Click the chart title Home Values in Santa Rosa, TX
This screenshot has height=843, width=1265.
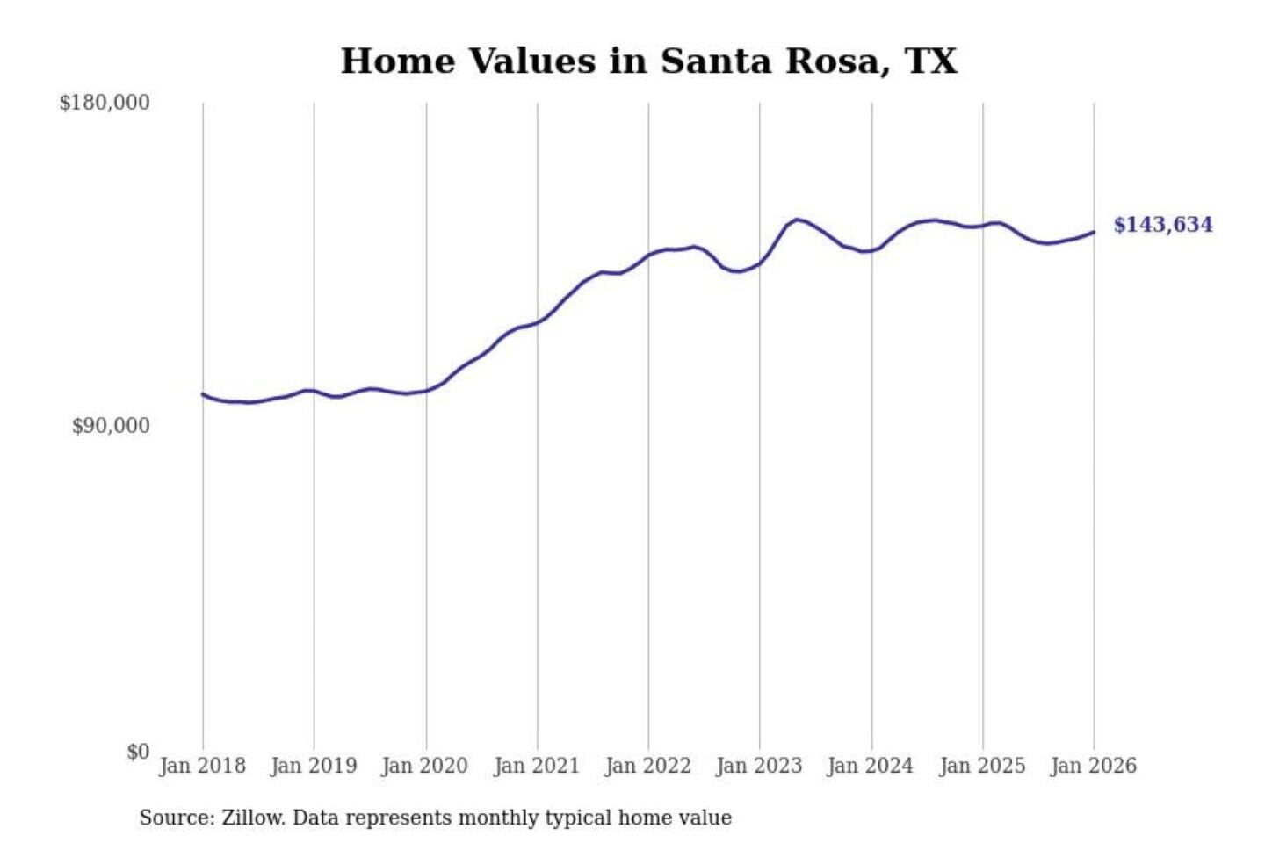(x=648, y=61)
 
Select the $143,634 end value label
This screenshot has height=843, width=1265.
(x=1162, y=225)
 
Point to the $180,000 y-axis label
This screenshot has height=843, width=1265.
(x=105, y=103)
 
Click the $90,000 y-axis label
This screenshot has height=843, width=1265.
(x=111, y=426)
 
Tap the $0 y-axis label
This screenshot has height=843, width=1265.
(x=138, y=752)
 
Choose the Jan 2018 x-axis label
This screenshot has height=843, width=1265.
(x=202, y=766)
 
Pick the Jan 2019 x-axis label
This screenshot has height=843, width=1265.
(x=314, y=766)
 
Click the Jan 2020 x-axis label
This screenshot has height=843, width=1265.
(x=425, y=766)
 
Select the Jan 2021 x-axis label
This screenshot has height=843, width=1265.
(x=537, y=766)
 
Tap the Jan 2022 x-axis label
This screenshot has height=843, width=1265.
(x=648, y=766)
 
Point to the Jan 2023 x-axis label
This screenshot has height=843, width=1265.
(x=759, y=766)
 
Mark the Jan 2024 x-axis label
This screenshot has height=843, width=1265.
(x=871, y=766)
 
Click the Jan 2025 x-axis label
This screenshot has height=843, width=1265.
(x=982, y=766)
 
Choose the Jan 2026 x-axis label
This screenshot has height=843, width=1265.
(x=1094, y=766)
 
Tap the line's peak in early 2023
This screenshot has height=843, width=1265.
(x=797, y=220)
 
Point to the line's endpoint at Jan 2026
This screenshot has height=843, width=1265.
(x=1094, y=232)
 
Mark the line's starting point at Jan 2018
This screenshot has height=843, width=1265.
(x=203, y=394)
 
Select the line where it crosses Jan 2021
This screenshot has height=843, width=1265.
(x=538, y=322)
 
